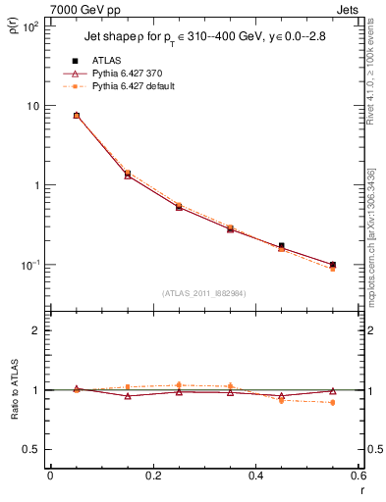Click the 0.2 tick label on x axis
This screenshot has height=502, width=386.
pyautogui.click(x=152, y=476)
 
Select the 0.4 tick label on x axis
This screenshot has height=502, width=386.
pyautogui.click(x=255, y=476)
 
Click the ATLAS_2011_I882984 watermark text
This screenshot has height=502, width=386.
pyautogui.click(x=204, y=292)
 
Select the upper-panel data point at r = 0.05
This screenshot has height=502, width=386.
pyautogui.click(x=76, y=116)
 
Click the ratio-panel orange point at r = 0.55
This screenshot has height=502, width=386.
pyautogui.click(x=333, y=403)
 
